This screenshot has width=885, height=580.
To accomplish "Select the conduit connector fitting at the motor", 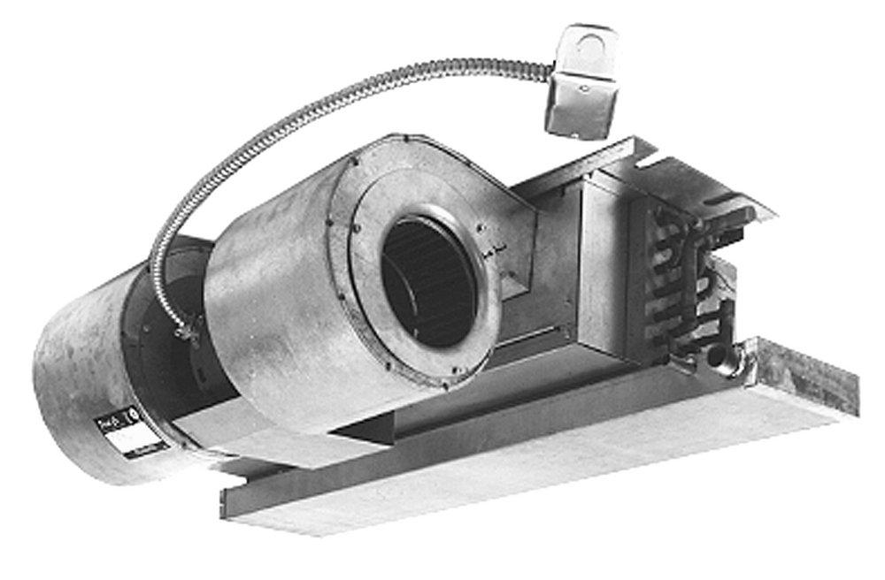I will coord(187,332).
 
